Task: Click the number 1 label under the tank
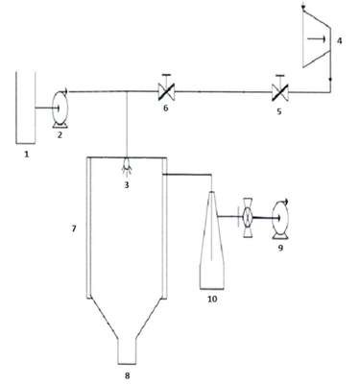[27, 155]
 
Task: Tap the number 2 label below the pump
[60, 134]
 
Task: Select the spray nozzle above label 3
[127, 166]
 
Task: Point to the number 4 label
[340, 41]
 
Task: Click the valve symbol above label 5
[280, 91]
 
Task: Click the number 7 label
[74, 228]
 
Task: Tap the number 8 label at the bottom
[127, 375]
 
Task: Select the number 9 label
[280, 248]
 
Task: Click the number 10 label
[212, 299]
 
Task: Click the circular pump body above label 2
[60, 108]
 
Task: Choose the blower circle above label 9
[280, 218]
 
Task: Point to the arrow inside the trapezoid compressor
[316, 39]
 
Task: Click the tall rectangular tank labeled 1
[26, 108]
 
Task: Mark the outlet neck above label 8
[127, 351]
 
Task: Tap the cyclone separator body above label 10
[212, 240]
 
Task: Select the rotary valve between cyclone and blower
[248, 218]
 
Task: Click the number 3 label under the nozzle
[127, 184]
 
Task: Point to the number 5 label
[279, 111]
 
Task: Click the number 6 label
[165, 108]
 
